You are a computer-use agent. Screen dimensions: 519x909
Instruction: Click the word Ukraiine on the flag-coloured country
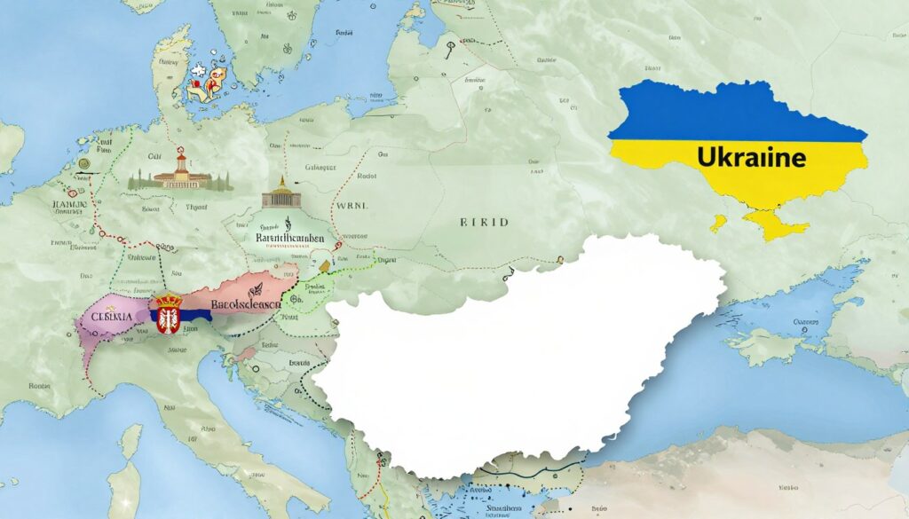(751, 158)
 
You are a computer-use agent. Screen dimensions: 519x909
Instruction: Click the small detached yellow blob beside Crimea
(717, 223)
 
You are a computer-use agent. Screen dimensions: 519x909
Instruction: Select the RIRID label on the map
(484, 222)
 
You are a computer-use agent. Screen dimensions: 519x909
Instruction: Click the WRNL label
(352, 206)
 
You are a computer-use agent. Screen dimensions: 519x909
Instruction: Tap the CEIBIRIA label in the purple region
(107, 316)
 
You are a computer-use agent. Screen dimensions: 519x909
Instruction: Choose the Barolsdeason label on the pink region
(244, 303)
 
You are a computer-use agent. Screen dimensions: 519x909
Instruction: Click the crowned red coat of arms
(169, 315)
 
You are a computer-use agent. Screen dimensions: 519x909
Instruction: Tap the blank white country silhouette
(515, 355)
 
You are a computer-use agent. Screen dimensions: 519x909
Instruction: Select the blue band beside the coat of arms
(195, 315)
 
